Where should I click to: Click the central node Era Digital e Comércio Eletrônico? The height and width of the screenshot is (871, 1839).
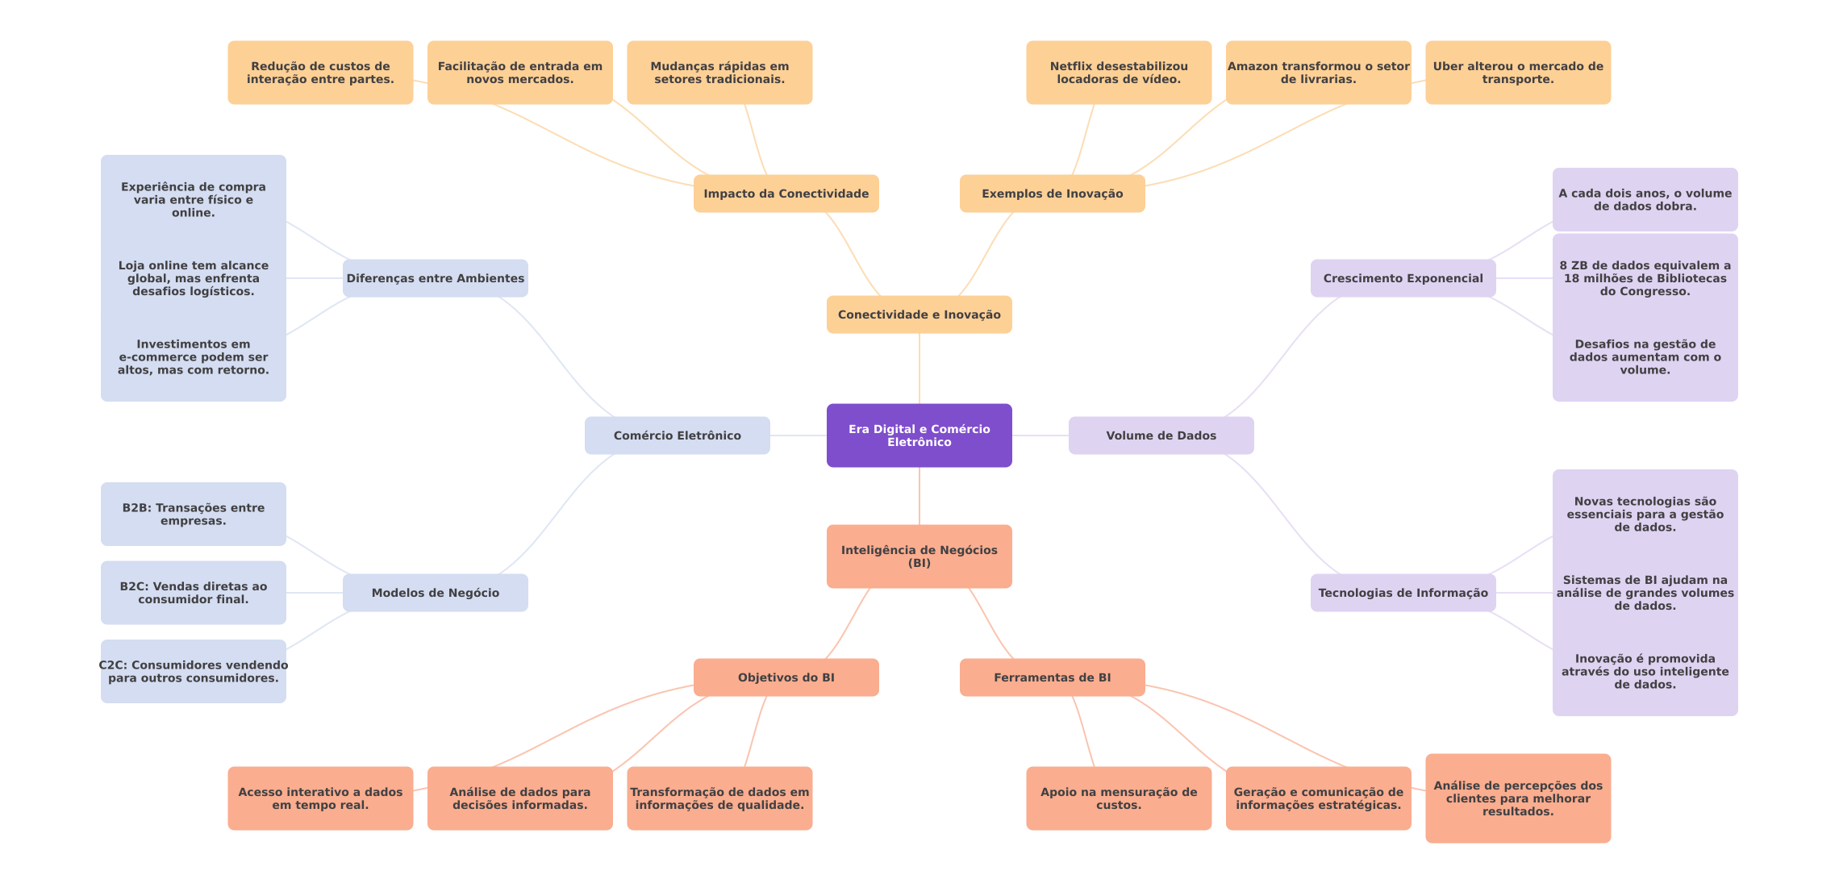tap(919, 435)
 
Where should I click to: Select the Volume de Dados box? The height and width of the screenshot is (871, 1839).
tap(1161, 435)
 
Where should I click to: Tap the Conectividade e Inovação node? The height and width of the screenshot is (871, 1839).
tap(919, 315)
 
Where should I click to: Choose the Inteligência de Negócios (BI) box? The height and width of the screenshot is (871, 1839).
tap(919, 556)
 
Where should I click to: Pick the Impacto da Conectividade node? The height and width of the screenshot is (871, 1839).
tap(786, 194)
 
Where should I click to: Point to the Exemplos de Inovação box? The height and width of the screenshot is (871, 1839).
tap(1052, 194)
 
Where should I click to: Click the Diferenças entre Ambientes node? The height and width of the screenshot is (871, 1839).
tap(435, 278)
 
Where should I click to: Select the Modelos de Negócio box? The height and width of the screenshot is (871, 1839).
tap(435, 593)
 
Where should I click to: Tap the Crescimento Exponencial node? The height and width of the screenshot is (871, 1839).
tap(1403, 278)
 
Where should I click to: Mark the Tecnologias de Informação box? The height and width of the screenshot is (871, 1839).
tap(1403, 593)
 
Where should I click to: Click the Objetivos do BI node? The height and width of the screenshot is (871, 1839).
tap(786, 677)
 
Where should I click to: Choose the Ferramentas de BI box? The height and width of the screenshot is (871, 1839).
tap(1052, 677)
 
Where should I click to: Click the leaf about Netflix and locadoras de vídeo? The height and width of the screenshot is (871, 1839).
tap(1118, 73)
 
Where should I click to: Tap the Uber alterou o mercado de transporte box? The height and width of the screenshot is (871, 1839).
tap(1517, 73)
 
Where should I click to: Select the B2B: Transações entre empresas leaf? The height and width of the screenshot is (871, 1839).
tap(193, 515)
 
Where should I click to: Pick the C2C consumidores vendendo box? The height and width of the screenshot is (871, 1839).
tap(193, 671)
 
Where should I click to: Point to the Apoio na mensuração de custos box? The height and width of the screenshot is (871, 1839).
tap(1118, 798)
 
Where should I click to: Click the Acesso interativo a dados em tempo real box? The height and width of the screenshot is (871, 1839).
tap(319, 798)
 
